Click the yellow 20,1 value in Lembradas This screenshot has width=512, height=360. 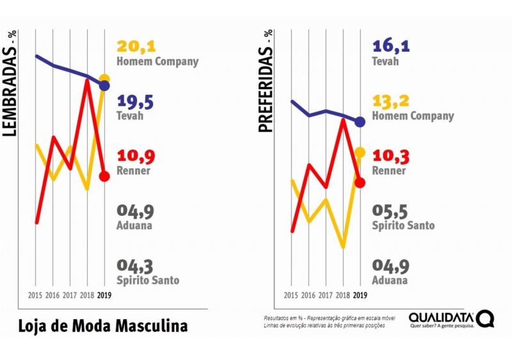tap(136, 47)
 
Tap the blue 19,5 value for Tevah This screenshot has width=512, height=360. tap(136, 102)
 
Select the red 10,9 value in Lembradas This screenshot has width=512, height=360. tap(136, 157)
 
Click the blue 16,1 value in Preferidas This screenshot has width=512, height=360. tap(391, 46)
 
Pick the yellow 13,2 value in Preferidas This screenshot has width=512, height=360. tap(391, 101)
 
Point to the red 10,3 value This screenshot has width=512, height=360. tap(391, 156)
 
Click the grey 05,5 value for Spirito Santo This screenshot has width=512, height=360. tap(391, 211)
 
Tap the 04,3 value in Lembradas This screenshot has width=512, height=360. tap(136, 266)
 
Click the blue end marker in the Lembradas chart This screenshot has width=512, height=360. tap(105, 85)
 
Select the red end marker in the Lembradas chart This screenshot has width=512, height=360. tap(105, 177)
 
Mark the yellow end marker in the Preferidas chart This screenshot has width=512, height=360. tap(360, 152)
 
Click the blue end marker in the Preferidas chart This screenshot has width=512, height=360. tap(360, 122)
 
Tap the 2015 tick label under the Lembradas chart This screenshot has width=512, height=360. tap(36, 295)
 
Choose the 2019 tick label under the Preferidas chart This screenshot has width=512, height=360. tap(360, 295)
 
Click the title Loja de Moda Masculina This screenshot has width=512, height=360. tap(102, 325)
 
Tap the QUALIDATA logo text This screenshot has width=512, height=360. tap(442, 317)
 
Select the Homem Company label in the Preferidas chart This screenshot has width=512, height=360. tap(413, 116)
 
